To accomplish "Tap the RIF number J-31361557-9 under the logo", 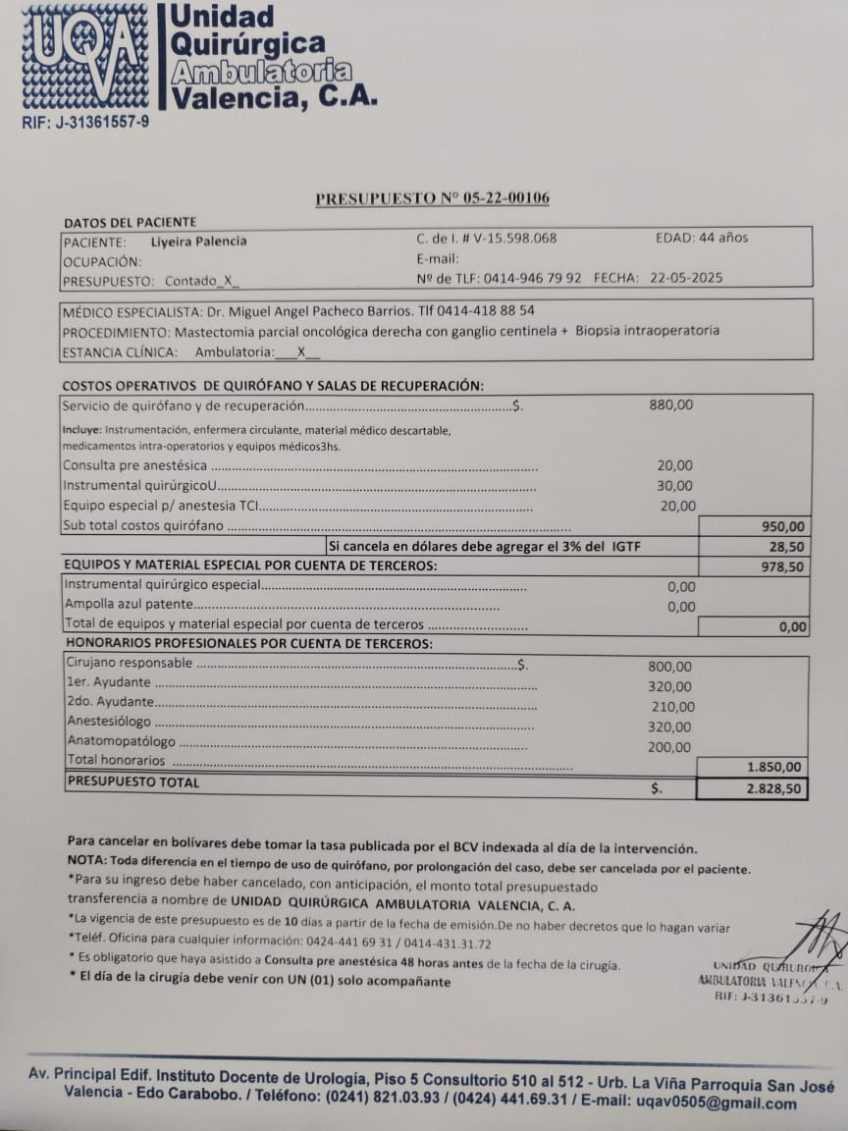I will pyautogui.click(x=85, y=123).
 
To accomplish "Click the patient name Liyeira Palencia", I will pyautogui.click(x=198, y=242).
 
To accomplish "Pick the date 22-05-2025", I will pyautogui.click(x=686, y=278).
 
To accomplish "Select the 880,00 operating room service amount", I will pyautogui.click(x=671, y=404).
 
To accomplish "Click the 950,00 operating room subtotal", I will pyautogui.click(x=784, y=526).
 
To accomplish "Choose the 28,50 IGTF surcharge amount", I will pyautogui.click(x=788, y=547).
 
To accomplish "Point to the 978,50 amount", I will pyautogui.click(x=783, y=566).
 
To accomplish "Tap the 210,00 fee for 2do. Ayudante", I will pyautogui.click(x=672, y=707).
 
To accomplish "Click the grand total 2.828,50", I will pyautogui.click(x=772, y=788).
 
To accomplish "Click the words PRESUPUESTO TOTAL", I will pyautogui.click(x=132, y=782).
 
